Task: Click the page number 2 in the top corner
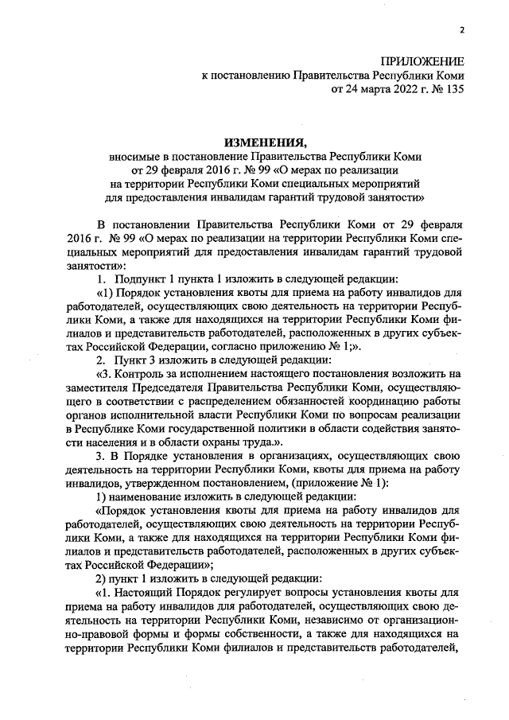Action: (x=460, y=31)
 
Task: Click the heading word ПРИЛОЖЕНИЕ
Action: (x=422, y=61)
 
